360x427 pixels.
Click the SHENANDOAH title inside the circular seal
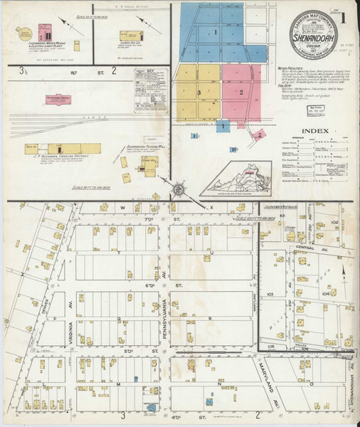[x=308, y=33]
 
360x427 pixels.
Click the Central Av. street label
[x=305, y=251]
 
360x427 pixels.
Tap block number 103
[x=270, y=293]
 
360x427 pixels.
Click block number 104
[x=325, y=292]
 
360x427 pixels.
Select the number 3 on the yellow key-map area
[x=200, y=93]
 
